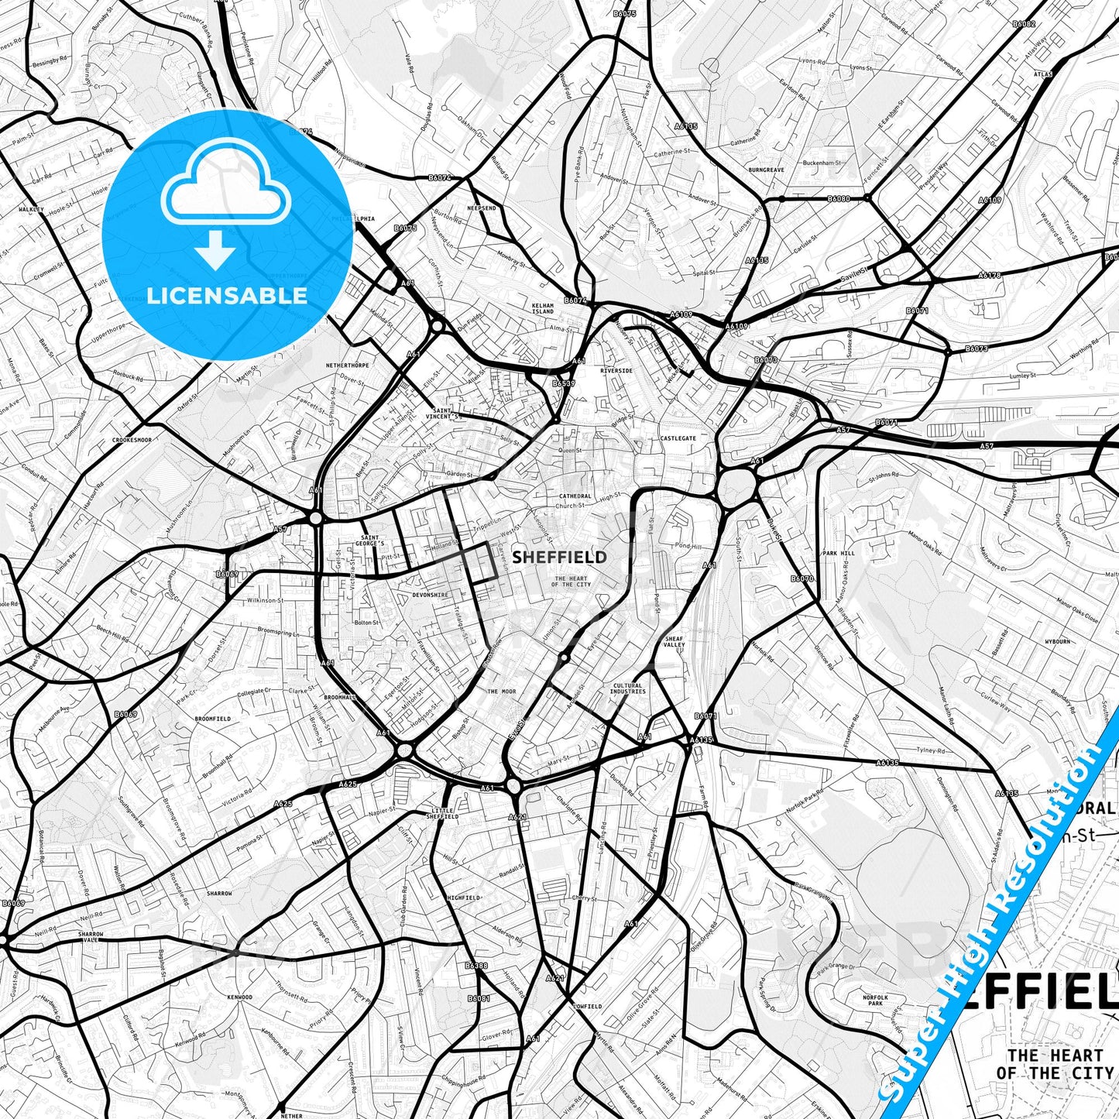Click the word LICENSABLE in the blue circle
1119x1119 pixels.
pyautogui.click(x=228, y=296)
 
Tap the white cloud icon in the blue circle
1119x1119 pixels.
pyautogui.click(x=226, y=185)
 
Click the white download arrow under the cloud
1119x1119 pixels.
pyautogui.click(x=216, y=251)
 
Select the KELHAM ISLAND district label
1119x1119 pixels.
pyautogui.click(x=543, y=308)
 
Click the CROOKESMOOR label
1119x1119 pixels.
pyautogui.click(x=130, y=440)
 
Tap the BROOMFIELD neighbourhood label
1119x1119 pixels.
pyautogui.click(x=213, y=719)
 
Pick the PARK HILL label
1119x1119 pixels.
pyautogui.click(x=839, y=554)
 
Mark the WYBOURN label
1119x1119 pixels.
pyautogui.click(x=1057, y=642)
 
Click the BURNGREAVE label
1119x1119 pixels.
pyautogui.click(x=766, y=169)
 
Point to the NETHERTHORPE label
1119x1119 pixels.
pyautogui.click(x=348, y=364)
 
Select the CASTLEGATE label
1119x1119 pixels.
pyautogui.click(x=678, y=438)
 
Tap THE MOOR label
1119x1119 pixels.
pyautogui.click(x=501, y=692)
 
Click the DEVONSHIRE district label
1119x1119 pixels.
pyautogui.click(x=430, y=595)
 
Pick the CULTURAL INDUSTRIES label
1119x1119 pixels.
pyautogui.click(x=627, y=688)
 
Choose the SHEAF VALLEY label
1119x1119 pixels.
pyautogui.click(x=674, y=641)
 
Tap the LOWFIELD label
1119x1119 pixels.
pyautogui.click(x=587, y=1007)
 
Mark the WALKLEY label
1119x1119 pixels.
pyautogui.click(x=32, y=209)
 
